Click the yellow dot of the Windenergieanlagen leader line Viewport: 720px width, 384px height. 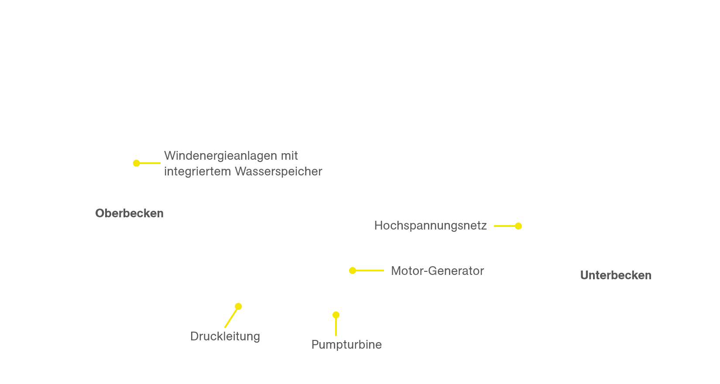click(136, 163)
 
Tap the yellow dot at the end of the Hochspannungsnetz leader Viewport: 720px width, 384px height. click(518, 226)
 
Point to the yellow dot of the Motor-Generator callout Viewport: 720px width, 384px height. click(353, 271)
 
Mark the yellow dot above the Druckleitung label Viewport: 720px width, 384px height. click(238, 306)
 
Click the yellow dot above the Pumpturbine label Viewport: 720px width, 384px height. click(336, 315)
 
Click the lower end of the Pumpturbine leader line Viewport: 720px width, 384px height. click(336, 336)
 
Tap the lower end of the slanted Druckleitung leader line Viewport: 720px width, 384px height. click(225, 327)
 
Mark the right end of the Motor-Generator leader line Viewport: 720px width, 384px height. click(384, 271)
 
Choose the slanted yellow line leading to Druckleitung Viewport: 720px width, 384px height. click(231, 317)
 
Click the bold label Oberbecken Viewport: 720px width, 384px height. click(129, 213)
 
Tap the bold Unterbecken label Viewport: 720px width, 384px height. click(616, 275)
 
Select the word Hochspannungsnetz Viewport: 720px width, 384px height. click(430, 226)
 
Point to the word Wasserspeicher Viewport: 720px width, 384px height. click(278, 171)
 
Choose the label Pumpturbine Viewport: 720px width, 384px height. click(346, 345)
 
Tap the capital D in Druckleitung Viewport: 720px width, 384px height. click(195, 336)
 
